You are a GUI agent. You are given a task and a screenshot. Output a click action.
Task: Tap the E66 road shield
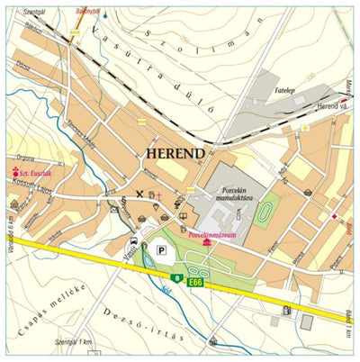click(196, 282)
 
